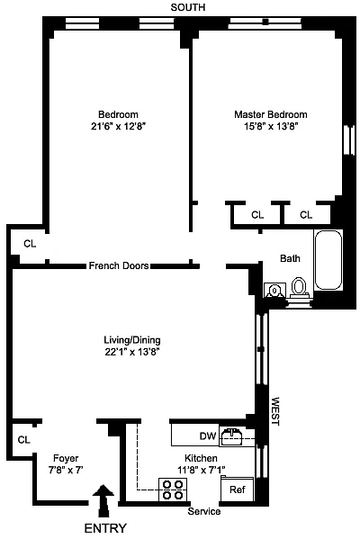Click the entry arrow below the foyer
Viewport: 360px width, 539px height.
(103, 501)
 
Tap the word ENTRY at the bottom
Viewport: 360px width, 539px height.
(105, 528)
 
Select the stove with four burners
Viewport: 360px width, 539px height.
(173, 490)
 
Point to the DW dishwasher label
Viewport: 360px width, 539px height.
(208, 436)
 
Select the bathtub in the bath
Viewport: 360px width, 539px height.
(328, 260)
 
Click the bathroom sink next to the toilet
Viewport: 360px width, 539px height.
(274, 291)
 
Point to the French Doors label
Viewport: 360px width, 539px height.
(119, 265)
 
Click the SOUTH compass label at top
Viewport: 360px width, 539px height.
(188, 7)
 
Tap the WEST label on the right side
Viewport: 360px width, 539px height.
(275, 411)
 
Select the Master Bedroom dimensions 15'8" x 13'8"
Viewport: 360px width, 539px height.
(271, 127)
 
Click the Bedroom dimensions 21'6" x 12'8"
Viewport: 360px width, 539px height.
(119, 127)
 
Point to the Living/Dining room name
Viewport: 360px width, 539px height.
(132, 340)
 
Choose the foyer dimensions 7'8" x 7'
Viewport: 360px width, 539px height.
(66, 470)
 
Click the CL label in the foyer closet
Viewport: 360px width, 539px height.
(23, 440)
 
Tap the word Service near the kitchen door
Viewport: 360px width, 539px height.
(204, 511)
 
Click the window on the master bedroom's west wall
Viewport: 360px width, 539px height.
(349, 139)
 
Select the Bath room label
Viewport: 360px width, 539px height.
(290, 258)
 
